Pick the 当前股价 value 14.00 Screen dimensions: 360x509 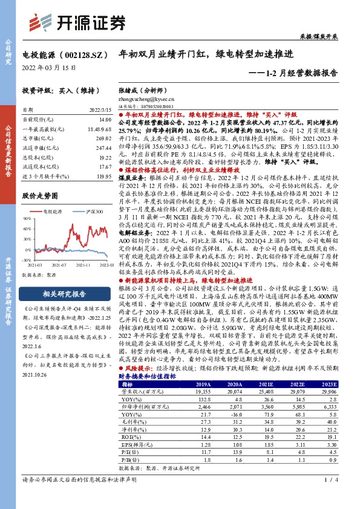pyautogui.click(x=104, y=120)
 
